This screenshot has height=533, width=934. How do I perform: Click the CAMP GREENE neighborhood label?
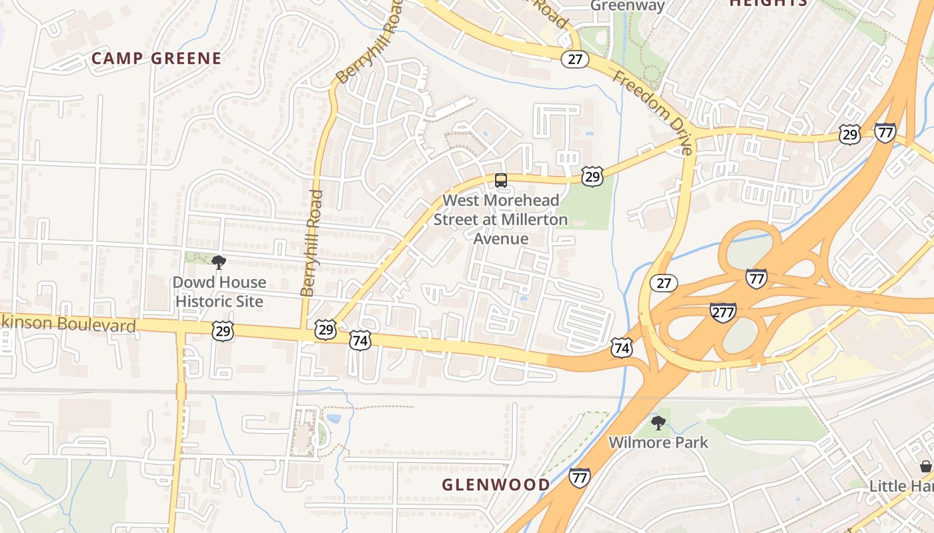pyautogui.click(x=156, y=59)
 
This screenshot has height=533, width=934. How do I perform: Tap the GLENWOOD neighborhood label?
pyautogui.click(x=496, y=484)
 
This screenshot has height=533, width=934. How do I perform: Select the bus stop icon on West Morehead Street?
pyautogui.click(x=501, y=180)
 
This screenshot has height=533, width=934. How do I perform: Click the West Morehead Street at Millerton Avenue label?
pyautogui.click(x=501, y=219)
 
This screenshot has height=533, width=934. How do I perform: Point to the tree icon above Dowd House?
pyautogui.click(x=218, y=262)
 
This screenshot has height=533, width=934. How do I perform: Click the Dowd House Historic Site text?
pyautogui.click(x=218, y=292)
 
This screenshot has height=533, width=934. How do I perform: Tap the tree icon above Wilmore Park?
pyautogui.click(x=658, y=422)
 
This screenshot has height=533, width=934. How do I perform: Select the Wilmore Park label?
pyautogui.click(x=658, y=442)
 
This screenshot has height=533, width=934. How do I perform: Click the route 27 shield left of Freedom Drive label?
pyautogui.click(x=574, y=59)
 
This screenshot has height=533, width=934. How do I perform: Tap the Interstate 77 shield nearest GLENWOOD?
pyautogui.click(x=579, y=477)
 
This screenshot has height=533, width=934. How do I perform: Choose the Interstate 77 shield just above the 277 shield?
pyautogui.click(x=756, y=278)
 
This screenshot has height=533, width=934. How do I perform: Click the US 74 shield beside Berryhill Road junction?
pyautogui.click(x=360, y=340)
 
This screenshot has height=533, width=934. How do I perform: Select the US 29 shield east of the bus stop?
pyautogui.click(x=592, y=176)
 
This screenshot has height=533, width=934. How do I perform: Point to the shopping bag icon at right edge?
pyautogui.click(x=925, y=466)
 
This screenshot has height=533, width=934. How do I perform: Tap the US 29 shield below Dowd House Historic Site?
pyautogui.click(x=222, y=331)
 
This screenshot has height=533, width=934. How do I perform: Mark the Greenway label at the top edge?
pyautogui.click(x=628, y=6)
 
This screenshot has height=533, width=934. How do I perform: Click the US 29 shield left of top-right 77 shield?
pyautogui.click(x=850, y=135)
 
